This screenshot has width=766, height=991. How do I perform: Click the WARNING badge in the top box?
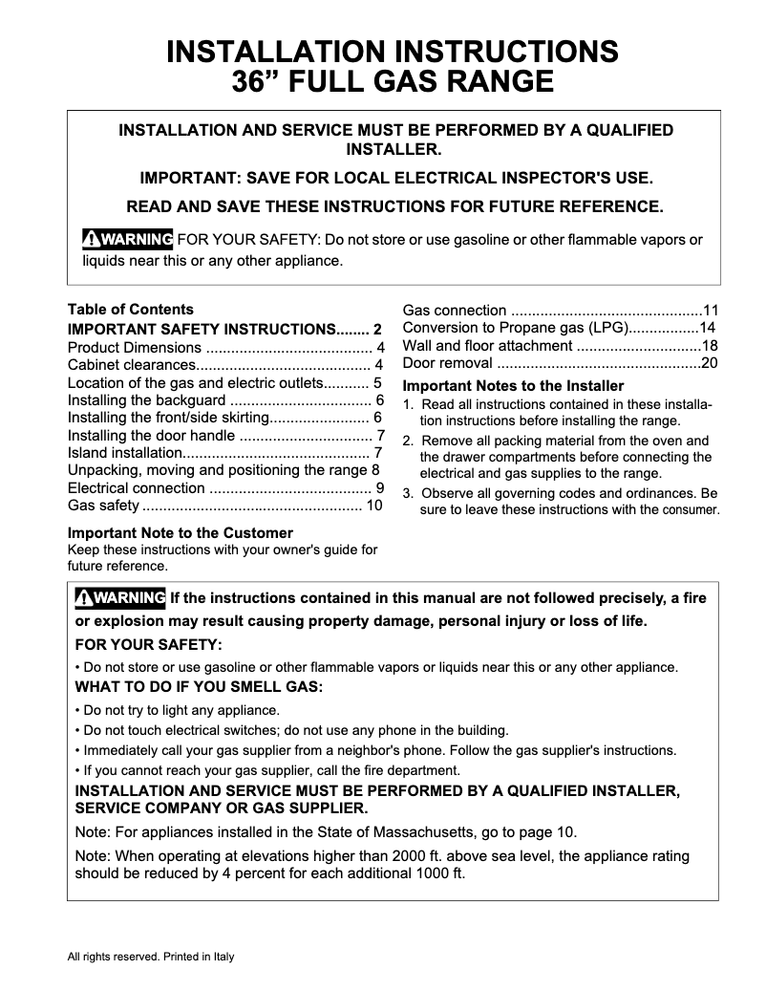tap(127, 238)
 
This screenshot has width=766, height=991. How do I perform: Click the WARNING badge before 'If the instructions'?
tap(120, 598)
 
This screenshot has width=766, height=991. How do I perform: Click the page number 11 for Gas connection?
tap(710, 310)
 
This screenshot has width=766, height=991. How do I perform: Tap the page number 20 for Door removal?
tap(710, 363)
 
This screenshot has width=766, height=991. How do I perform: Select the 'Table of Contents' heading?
tap(130, 310)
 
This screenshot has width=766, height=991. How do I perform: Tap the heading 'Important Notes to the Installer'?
tap(513, 386)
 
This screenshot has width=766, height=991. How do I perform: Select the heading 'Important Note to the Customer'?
tap(180, 532)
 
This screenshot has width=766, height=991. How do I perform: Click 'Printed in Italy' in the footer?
tap(199, 957)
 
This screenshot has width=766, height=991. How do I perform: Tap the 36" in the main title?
tap(256, 81)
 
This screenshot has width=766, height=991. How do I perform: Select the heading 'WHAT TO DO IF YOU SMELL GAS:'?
tap(199, 687)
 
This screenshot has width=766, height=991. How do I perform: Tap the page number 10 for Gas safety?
tap(373, 506)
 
